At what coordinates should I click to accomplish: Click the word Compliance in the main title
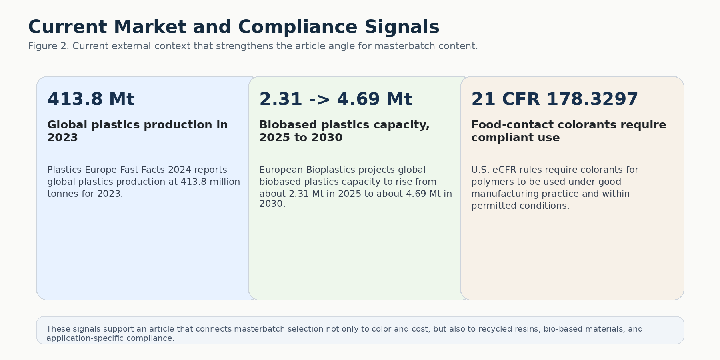(297, 28)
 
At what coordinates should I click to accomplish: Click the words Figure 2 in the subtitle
(48, 46)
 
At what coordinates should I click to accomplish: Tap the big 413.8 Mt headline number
(91, 99)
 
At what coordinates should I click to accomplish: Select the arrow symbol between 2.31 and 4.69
(319, 100)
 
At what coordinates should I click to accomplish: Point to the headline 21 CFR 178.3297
(554, 99)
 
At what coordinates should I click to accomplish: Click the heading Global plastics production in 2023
(137, 131)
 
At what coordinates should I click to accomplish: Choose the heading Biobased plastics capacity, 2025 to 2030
(344, 131)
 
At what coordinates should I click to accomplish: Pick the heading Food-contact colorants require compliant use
(568, 131)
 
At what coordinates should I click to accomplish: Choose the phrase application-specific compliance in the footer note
(110, 338)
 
